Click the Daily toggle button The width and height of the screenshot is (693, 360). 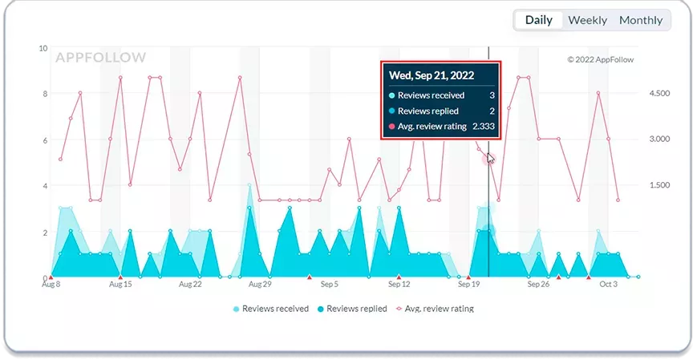(x=539, y=20)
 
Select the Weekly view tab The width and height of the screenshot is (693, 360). (x=587, y=20)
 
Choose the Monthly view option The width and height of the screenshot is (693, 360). (x=640, y=20)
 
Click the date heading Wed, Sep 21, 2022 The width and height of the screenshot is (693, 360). (x=432, y=75)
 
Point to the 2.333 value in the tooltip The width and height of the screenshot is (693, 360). (x=484, y=127)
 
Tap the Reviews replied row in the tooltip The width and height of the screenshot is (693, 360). (x=441, y=111)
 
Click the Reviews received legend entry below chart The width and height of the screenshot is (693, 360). (x=270, y=309)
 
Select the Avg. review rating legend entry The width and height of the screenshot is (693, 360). (x=435, y=309)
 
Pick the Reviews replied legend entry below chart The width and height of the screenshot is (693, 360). (x=352, y=309)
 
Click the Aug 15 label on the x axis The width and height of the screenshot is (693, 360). (x=120, y=285)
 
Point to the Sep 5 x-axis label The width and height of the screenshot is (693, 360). (x=330, y=285)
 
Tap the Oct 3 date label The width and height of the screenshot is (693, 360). (x=608, y=285)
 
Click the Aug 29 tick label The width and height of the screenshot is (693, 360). (x=260, y=285)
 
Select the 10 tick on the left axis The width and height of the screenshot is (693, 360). (x=43, y=48)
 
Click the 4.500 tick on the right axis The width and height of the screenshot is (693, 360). (x=659, y=93)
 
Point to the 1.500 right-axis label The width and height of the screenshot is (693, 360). (x=659, y=185)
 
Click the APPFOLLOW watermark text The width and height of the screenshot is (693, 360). (x=100, y=58)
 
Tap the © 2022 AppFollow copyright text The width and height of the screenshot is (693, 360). (x=600, y=59)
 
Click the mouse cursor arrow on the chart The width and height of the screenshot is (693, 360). (x=491, y=159)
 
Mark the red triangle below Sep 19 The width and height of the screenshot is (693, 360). (x=468, y=277)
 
